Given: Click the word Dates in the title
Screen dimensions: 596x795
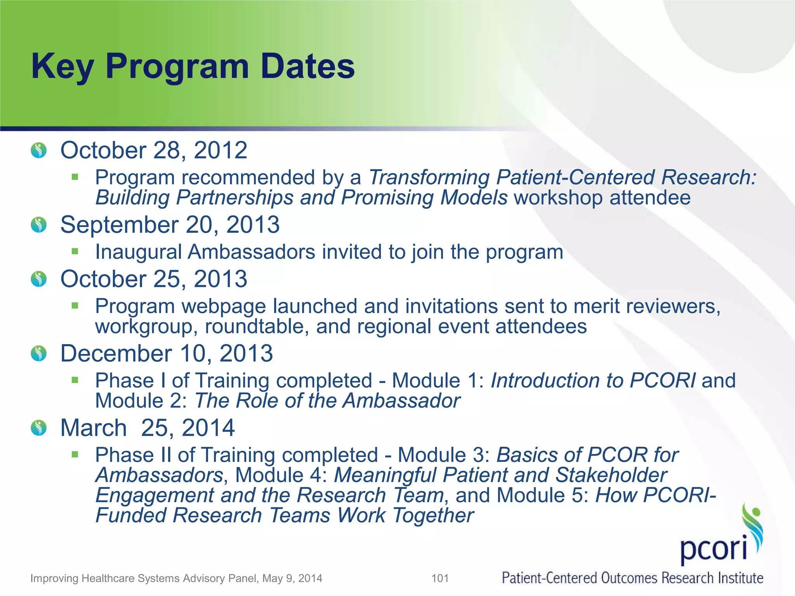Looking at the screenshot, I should click(307, 66).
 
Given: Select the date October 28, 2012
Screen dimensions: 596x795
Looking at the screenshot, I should click(154, 150).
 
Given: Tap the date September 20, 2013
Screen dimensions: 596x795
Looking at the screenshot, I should click(170, 225).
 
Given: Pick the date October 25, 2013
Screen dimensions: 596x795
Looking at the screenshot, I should click(154, 279).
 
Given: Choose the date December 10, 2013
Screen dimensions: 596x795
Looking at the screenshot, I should click(167, 353).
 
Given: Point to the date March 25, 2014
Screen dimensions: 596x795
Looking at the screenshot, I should click(148, 428).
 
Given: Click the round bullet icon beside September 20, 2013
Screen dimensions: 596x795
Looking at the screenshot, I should click(39, 225).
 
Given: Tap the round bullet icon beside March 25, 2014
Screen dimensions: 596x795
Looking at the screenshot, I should click(39, 428).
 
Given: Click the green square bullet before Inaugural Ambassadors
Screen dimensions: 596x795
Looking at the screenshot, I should click(75, 251).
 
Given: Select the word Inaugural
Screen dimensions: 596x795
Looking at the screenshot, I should click(139, 252).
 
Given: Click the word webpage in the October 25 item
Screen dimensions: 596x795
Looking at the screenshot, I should click(224, 306).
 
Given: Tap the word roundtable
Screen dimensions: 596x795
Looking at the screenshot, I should click(257, 326).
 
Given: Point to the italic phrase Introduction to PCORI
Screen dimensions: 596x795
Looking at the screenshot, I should click(593, 381).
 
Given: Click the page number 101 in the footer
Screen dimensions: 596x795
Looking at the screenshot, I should click(440, 579).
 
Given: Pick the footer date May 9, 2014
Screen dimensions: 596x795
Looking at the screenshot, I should click(292, 579).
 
